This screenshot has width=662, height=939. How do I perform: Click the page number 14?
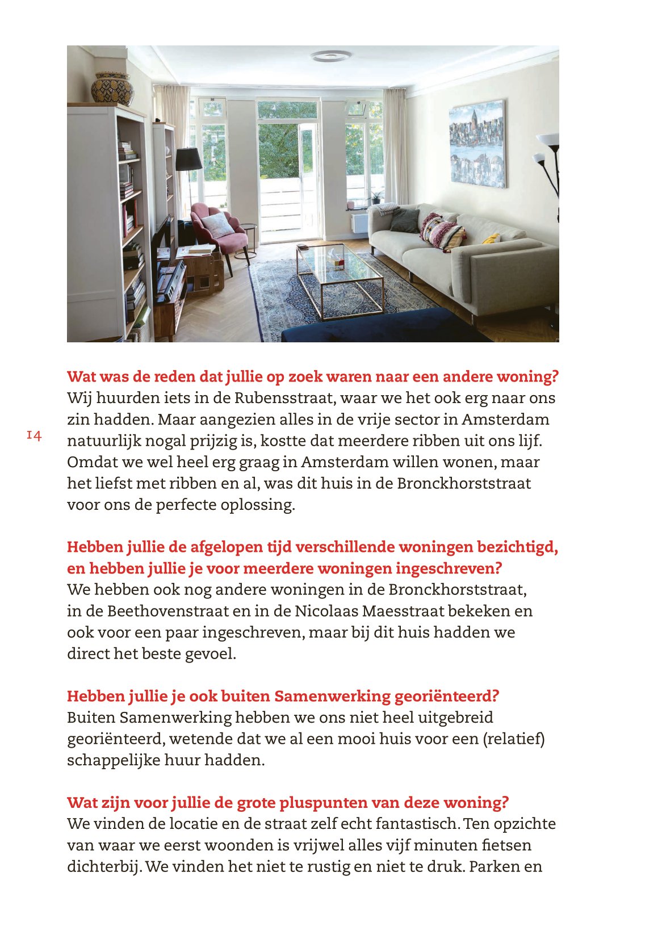[x=34, y=435]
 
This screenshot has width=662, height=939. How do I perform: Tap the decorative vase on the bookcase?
[x=112, y=89]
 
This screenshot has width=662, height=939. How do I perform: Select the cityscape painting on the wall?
[x=476, y=144]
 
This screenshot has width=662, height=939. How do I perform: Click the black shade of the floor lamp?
[x=188, y=160]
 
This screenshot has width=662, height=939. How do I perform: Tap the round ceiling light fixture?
[x=330, y=56]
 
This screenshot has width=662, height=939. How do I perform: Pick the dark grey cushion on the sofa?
[x=405, y=220]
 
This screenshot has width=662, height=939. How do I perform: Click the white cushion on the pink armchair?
[x=217, y=225]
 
